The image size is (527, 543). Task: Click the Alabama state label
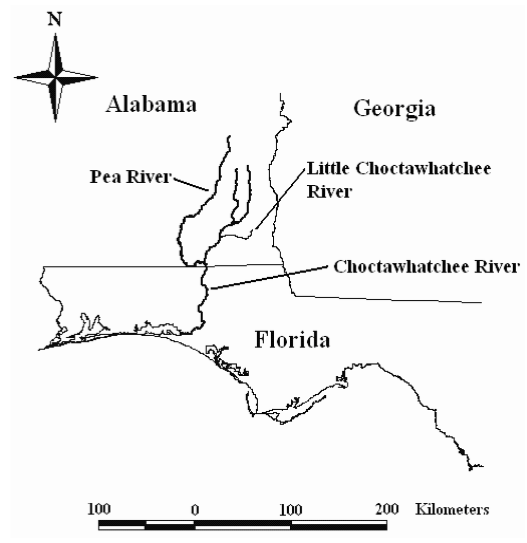[151, 106]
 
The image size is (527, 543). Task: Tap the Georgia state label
[395, 109]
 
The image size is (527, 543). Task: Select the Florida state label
[292, 340]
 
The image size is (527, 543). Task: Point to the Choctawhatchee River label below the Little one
[425, 267]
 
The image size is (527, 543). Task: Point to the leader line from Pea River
[190, 184]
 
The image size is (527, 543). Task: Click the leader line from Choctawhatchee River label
[268, 277]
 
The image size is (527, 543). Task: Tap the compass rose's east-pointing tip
[97, 78]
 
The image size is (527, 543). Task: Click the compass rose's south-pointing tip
[55, 120]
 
